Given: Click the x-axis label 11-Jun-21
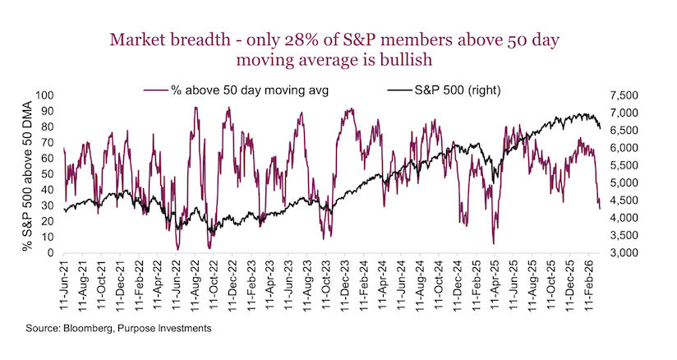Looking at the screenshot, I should tap(65, 283).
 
